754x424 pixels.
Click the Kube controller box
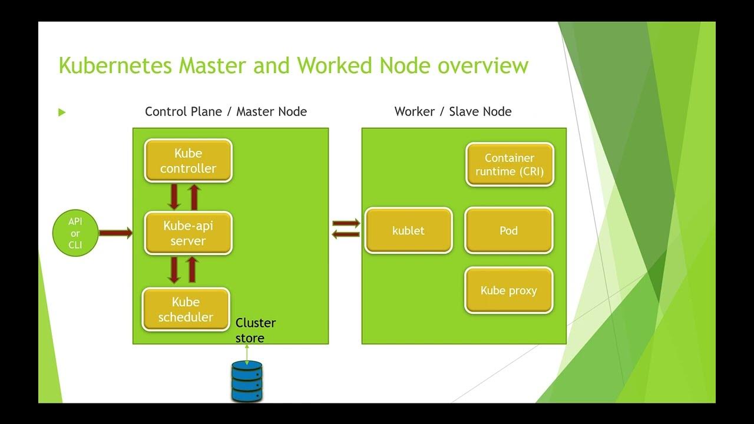tap(188, 161)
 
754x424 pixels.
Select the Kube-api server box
tap(188, 233)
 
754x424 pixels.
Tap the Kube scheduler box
tap(186, 309)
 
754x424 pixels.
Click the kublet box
tap(408, 231)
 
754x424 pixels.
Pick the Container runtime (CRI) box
tap(510, 165)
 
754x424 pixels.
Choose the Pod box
tap(509, 231)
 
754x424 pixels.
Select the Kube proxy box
tap(509, 290)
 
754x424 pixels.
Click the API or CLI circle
tap(75, 234)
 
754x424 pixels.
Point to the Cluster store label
tap(255, 330)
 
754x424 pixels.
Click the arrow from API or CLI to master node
tap(115, 234)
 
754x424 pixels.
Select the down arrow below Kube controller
tap(174, 197)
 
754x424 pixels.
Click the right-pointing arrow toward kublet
tap(346, 224)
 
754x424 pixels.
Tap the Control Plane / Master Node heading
tap(226, 111)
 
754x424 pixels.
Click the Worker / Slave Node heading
tap(452, 111)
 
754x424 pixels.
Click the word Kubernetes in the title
tap(115, 65)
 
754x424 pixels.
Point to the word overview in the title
tap(482, 65)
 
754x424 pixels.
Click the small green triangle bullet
tap(62, 112)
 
